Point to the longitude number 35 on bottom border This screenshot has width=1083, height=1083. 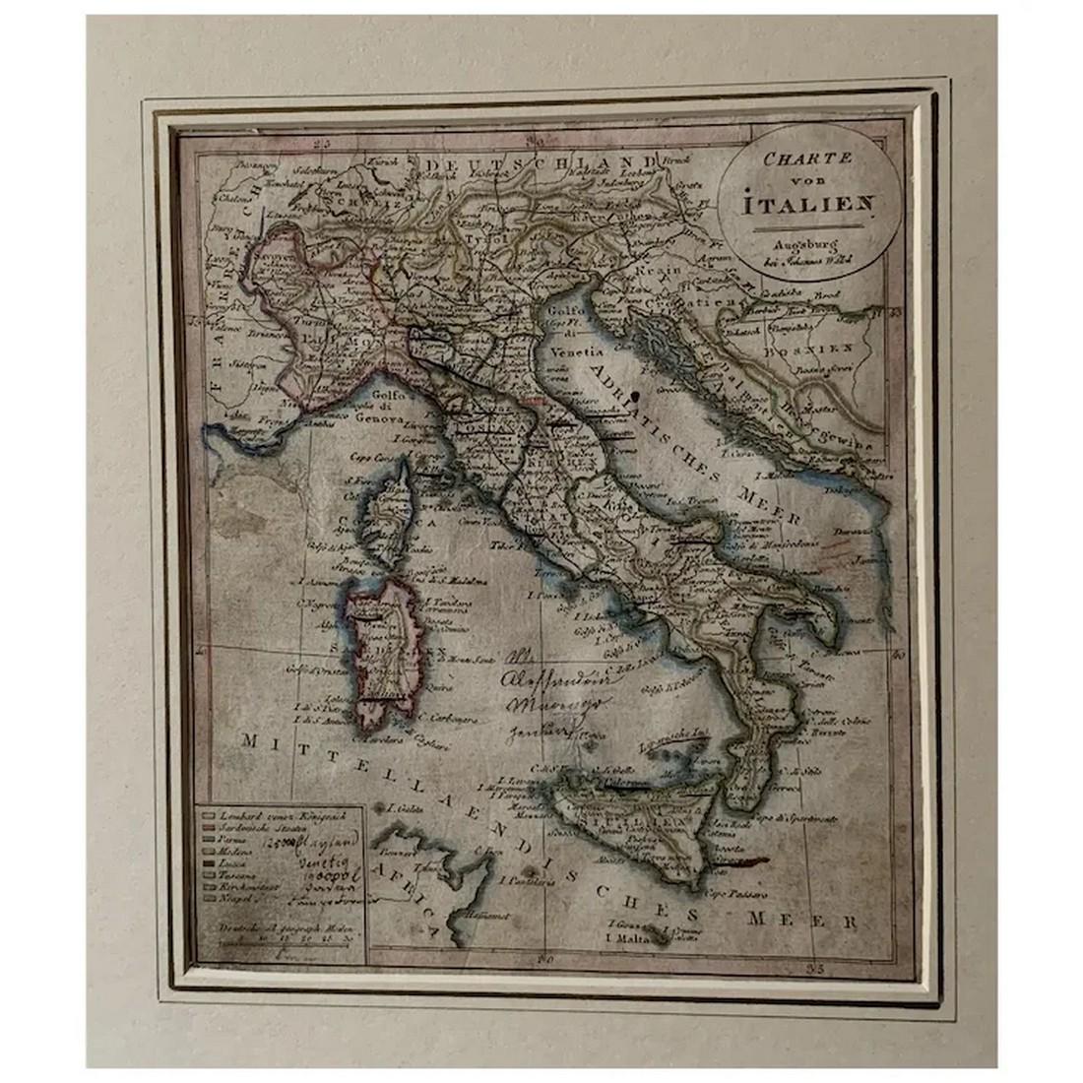pos(812,969)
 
